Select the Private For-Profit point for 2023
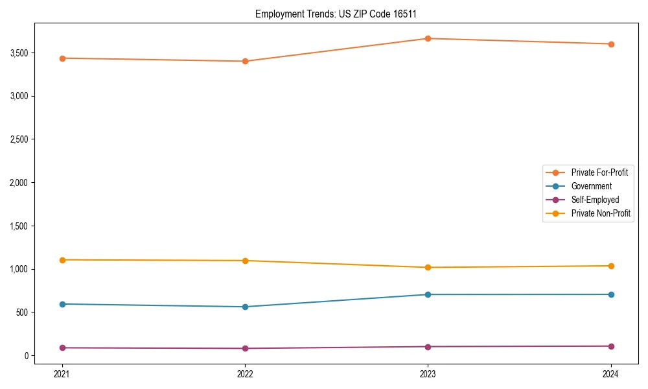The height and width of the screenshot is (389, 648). pyautogui.click(x=428, y=39)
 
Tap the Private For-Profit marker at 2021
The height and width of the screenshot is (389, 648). pyautogui.click(x=62, y=58)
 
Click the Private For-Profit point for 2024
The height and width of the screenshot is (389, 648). pyautogui.click(x=611, y=44)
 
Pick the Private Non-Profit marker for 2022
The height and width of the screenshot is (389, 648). pyautogui.click(x=245, y=261)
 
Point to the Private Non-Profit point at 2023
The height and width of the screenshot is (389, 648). pyautogui.click(x=428, y=267)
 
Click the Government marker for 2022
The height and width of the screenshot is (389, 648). pyautogui.click(x=245, y=307)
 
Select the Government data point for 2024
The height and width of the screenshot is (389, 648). pyautogui.click(x=611, y=294)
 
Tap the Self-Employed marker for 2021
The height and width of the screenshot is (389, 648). pyautogui.click(x=62, y=348)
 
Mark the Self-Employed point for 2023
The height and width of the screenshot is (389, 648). pyautogui.click(x=428, y=347)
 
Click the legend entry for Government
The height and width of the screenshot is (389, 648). pyautogui.click(x=591, y=186)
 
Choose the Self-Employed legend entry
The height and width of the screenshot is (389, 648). pyautogui.click(x=595, y=200)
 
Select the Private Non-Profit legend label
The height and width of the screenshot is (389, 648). pyautogui.click(x=601, y=213)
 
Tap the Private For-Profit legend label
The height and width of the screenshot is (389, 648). pyautogui.click(x=599, y=172)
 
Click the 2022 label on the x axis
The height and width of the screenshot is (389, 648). pyautogui.click(x=245, y=373)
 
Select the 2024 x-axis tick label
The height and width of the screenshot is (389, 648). pyautogui.click(x=611, y=373)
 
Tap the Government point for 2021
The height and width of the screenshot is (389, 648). pyautogui.click(x=62, y=304)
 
